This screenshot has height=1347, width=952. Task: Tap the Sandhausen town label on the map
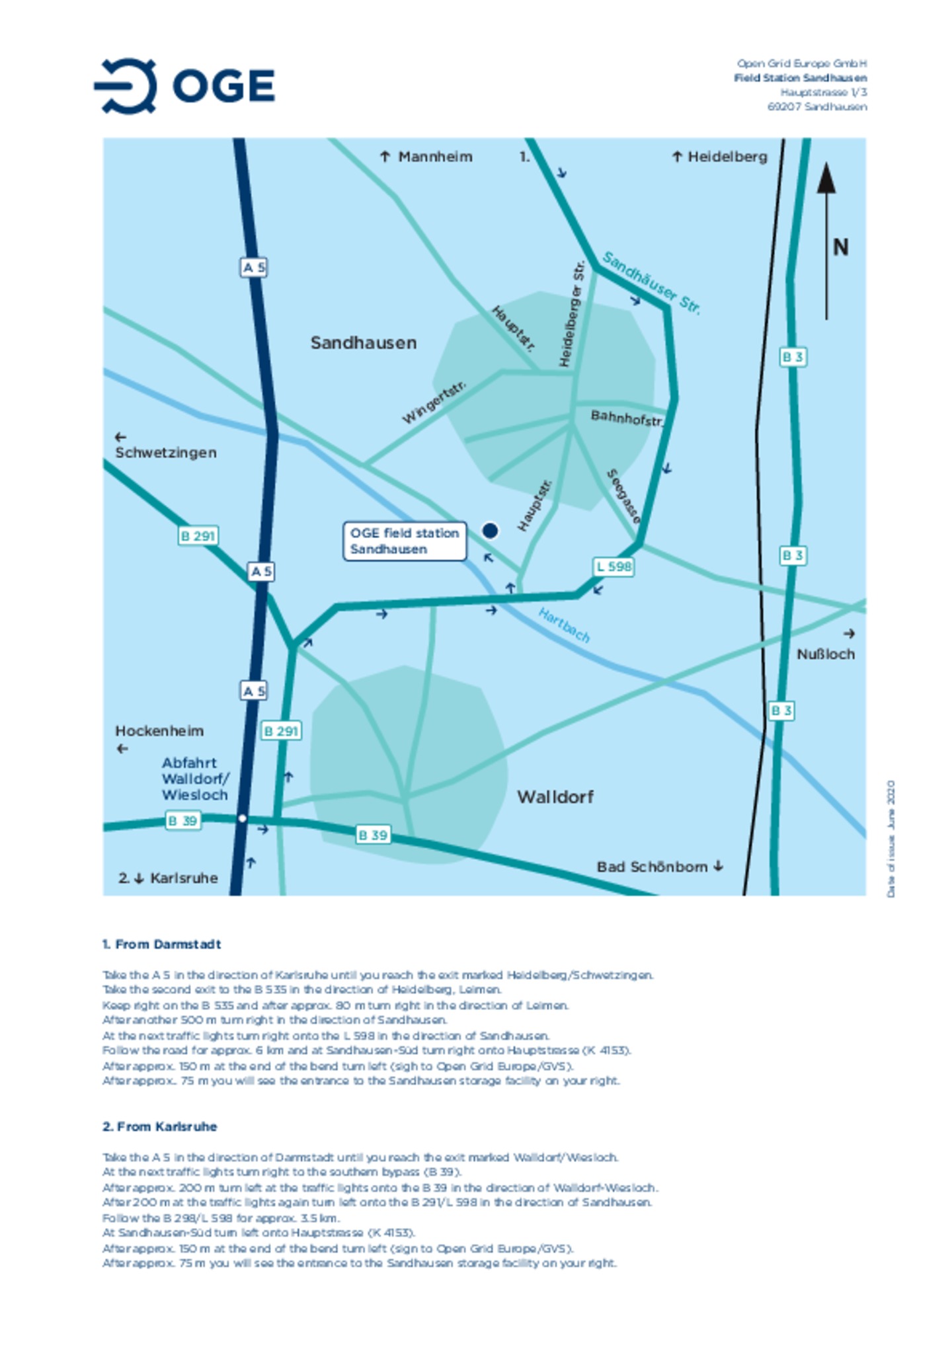[363, 342]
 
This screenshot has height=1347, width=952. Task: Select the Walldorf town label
[555, 796]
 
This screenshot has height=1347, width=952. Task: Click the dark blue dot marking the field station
[490, 530]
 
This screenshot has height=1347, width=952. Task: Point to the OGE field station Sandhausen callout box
[404, 541]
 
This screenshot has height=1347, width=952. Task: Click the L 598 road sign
[614, 566]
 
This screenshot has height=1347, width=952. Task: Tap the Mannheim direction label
[434, 157]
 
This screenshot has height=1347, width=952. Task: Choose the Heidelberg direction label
[727, 157]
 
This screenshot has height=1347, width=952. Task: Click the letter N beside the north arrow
[840, 247]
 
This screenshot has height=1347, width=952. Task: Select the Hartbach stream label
[564, 625]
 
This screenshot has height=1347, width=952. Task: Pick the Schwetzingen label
[165, 452]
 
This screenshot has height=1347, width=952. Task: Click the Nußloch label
[825, 654]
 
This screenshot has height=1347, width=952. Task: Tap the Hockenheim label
[159, 730]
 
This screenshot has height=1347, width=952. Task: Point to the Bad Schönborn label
[652, 866]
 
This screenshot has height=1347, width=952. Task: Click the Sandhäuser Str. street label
[651, 283]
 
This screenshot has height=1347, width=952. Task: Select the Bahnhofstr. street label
[625, 418]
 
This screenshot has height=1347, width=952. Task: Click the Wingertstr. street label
[434, 402]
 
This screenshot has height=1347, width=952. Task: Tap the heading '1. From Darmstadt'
[161, 944]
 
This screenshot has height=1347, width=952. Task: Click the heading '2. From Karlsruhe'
[159, 1126]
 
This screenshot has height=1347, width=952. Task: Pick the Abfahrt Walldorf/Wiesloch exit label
[195, 779]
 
